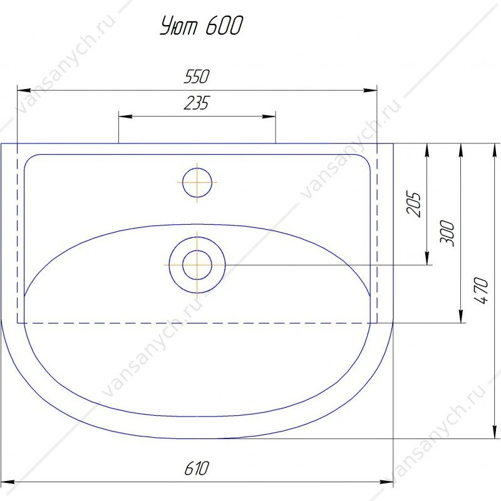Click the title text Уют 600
(x=201, y=25)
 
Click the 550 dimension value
(x=197, y=76)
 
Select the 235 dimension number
(x=197, y=103)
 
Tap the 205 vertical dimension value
(x=414, y=204)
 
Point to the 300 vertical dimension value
(x=447, y=233)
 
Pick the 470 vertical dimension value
(x=481, y=291)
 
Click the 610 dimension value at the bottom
(x=197, y=468)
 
